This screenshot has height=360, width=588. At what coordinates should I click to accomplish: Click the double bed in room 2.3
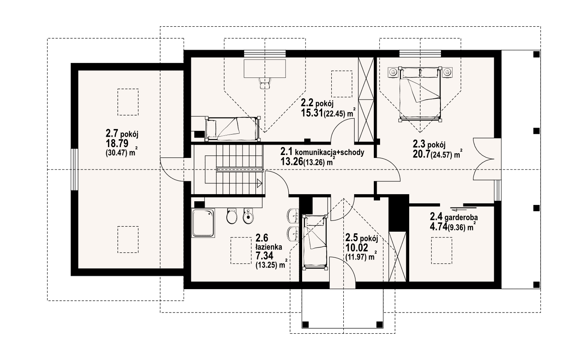[420, 94]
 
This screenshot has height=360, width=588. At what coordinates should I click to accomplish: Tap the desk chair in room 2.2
[265, 83]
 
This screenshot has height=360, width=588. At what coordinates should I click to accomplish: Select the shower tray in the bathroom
[203, 223]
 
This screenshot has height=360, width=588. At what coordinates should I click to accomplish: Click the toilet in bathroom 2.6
[232, 216]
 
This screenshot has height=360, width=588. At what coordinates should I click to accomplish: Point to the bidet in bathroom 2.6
[248, 216]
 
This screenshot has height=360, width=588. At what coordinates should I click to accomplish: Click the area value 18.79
[117, 144]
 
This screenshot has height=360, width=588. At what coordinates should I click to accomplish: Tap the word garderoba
[461, 217]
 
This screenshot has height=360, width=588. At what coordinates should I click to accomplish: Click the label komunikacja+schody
[330, 152]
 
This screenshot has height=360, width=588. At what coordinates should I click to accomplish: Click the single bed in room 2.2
[233, 129]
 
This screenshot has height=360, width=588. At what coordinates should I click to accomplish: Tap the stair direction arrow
[259, 183]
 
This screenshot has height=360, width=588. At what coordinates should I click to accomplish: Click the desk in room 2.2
[265, 68]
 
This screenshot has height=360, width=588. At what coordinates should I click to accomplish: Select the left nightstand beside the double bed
[393, 72]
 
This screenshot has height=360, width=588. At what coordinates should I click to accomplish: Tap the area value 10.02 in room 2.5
[357, 247]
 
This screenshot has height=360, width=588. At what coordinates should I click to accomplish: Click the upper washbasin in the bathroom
[293, 216]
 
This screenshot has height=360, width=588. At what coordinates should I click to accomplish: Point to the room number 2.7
[112, 134]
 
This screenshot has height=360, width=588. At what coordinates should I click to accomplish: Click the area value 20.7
[421, 154]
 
